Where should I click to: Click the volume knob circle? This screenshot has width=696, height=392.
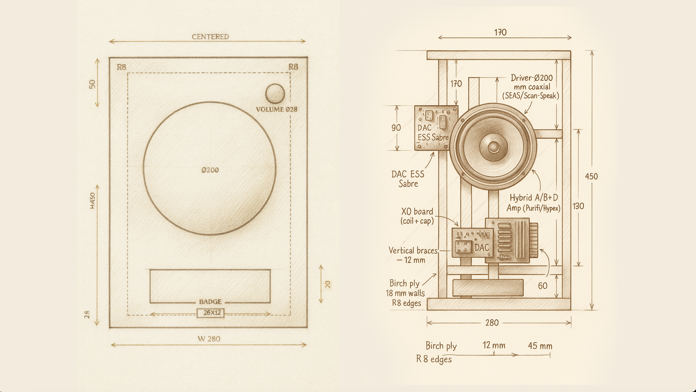(275, 93)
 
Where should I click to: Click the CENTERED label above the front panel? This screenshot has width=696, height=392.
(210, 37)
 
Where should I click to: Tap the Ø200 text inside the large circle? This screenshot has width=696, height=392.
(210, 170)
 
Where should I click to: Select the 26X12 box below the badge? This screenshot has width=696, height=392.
(211, 313)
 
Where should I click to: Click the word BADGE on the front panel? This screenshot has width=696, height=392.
(210, 302)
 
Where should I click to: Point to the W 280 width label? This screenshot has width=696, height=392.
(209, 339)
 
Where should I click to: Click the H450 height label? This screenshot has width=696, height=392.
(93, 201)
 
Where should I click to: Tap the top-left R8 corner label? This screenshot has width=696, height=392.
(121, 67)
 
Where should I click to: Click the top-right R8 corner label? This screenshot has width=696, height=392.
(293, 67)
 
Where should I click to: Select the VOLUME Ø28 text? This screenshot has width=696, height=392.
(276, 109)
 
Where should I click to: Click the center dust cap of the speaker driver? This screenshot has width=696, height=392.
(493, 147)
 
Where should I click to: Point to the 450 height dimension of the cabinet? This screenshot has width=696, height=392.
(591, 176)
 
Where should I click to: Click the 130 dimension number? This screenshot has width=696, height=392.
(578, 206)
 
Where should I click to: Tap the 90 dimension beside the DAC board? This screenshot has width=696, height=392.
(396, 128)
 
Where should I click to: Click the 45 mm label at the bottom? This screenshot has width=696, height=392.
(540, 346)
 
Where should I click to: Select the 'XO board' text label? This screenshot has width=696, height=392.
(417, 211)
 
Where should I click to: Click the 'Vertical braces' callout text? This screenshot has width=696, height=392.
(413, 251)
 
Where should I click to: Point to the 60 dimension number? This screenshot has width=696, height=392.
(543, 286)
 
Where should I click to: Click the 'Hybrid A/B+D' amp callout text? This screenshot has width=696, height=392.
(534, 198)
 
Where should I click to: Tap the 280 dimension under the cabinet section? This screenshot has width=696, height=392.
(492, 323)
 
